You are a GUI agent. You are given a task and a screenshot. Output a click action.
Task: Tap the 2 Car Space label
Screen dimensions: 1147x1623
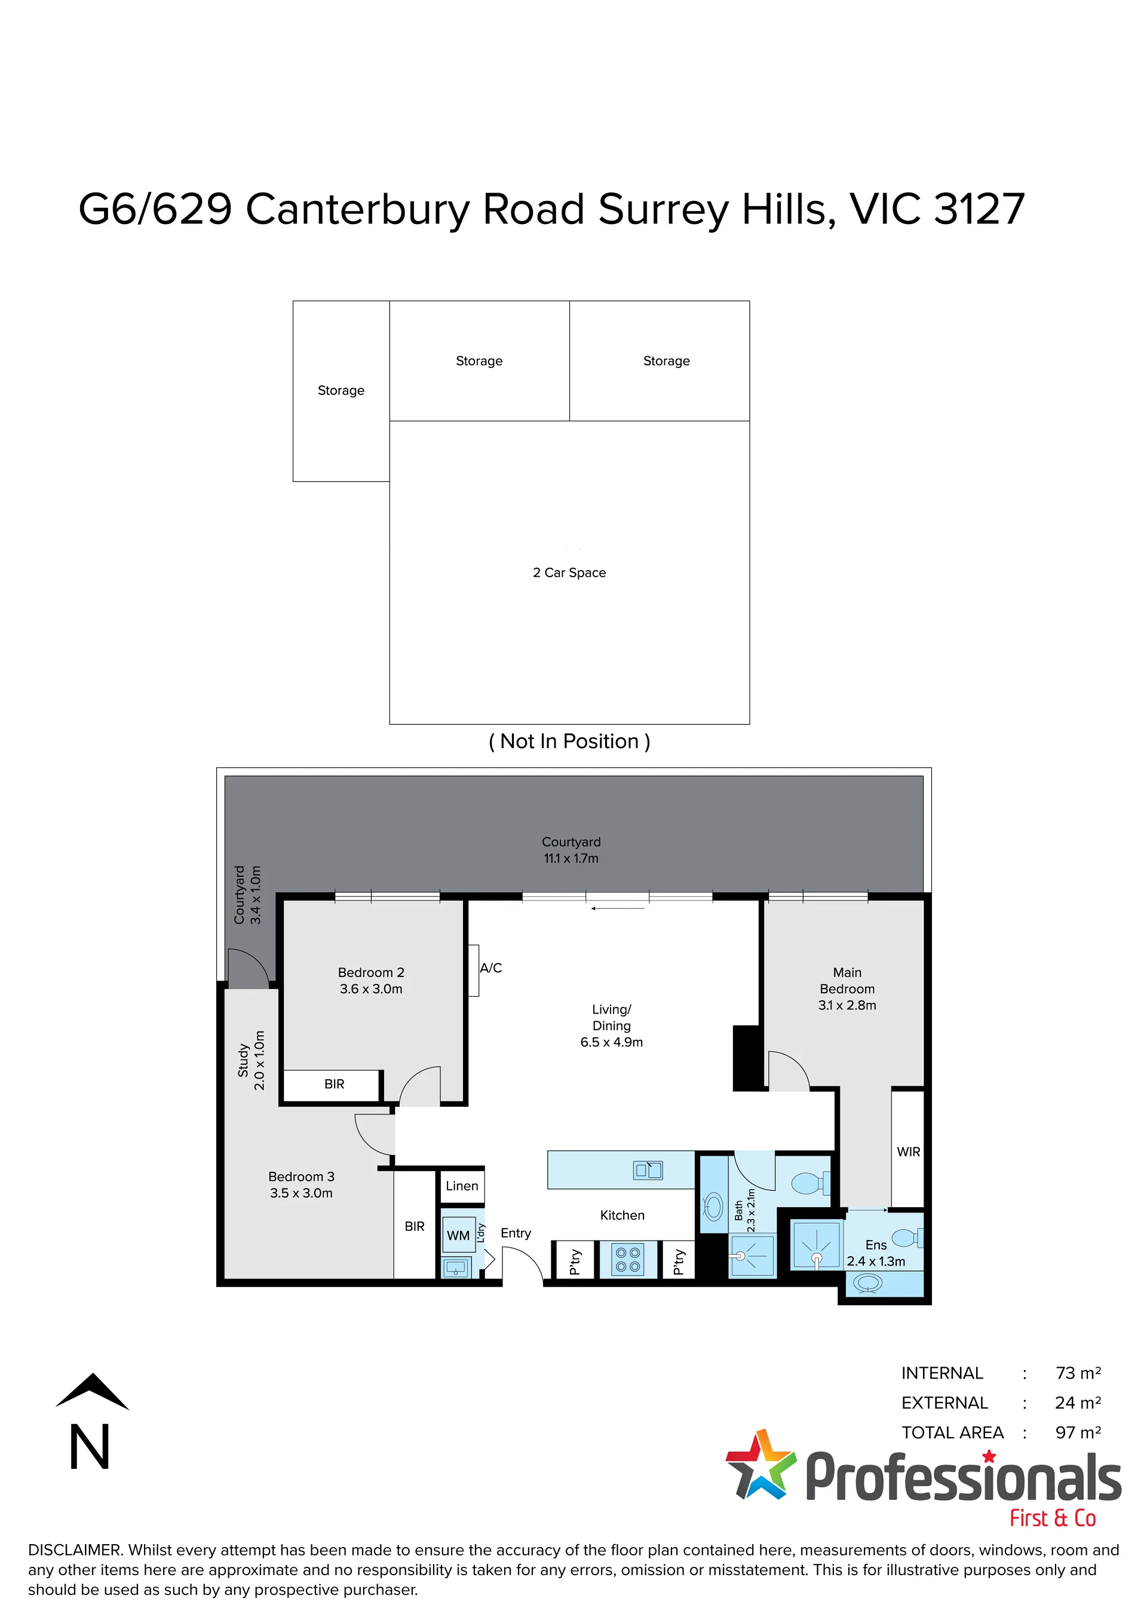coord(569,572)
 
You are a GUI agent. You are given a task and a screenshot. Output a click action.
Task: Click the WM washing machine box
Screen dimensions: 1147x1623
coord(458,1235)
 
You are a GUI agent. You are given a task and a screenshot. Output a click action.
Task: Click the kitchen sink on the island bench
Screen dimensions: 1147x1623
coord(648,1170)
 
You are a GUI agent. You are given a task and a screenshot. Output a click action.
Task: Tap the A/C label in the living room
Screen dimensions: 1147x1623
coord(490,967)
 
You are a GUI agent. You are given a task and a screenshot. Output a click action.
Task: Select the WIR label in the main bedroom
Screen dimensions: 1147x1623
coord(908,1152)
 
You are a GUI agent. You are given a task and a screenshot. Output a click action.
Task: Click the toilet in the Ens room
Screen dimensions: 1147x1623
coord(907,1238)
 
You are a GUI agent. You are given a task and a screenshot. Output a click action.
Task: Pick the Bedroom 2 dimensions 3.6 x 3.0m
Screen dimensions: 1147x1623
coord(371,989)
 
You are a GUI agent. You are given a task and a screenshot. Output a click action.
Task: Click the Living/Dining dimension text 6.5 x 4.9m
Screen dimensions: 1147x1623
coord(611,1042)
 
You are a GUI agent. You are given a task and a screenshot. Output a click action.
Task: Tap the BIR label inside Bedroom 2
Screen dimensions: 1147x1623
coord(335,1083)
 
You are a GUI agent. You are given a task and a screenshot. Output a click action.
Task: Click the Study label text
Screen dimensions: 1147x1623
coord(243,1059)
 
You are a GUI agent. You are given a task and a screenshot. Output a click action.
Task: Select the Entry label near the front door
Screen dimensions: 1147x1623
coord(516,1233)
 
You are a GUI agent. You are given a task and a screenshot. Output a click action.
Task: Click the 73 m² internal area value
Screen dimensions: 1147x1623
coord(1078,1373)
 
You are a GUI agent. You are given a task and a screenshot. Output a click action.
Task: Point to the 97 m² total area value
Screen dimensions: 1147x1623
coord(1078,1432)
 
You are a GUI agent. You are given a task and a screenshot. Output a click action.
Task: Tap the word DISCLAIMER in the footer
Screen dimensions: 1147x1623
coord(74,1549)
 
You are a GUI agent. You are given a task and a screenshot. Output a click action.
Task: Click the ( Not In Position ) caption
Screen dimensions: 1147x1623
coord(569,741)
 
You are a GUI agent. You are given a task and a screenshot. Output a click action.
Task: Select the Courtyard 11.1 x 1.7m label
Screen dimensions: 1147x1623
coord(571,850)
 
